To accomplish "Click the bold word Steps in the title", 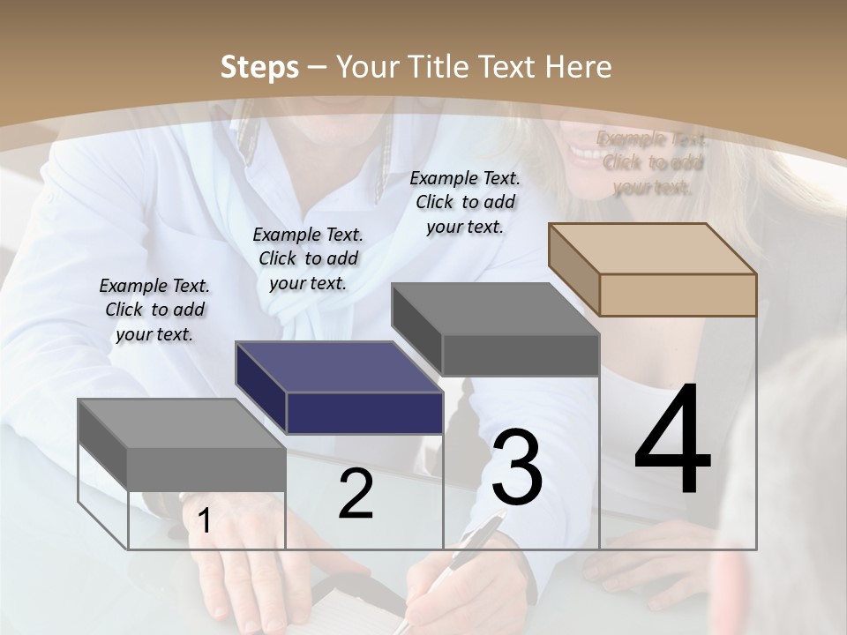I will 259,67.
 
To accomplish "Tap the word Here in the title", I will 578,67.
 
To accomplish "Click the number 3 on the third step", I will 517,467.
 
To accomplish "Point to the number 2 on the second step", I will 356,494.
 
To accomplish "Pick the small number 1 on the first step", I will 204,521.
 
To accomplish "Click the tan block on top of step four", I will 653,269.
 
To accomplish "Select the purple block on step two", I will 340,388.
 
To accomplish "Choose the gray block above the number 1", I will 182,445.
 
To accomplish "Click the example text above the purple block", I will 308,258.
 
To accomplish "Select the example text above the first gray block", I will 154,310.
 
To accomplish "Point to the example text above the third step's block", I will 465,202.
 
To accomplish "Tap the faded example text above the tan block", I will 652,162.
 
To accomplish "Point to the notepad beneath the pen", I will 362,613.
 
